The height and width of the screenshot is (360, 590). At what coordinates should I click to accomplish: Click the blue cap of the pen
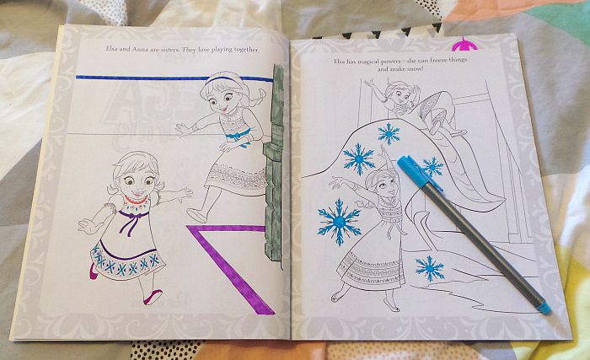[418, 173]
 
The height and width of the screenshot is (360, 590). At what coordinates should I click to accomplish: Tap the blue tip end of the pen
[544, 309]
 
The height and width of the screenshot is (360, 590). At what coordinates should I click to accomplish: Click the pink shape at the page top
[464, 45]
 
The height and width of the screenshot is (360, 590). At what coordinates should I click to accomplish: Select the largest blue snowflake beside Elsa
[339, 222]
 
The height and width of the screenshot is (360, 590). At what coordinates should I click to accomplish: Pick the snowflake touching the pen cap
[432, 167]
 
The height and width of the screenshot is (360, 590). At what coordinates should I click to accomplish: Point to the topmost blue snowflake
[389, 134]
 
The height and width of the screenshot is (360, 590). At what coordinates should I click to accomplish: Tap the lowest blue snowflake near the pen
[430, 268]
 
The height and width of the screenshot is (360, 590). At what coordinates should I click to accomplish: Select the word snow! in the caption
[416, 69]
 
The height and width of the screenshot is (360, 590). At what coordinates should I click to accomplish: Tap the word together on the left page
[246, 50]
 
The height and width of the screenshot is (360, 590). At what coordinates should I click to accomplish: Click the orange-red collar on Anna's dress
[136, 199]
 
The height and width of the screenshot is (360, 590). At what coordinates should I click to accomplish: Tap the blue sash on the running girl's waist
[239, 136]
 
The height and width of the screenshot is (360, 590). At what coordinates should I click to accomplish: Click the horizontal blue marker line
[174, 78]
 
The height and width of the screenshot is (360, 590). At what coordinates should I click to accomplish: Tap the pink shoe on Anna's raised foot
[153, 297]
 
